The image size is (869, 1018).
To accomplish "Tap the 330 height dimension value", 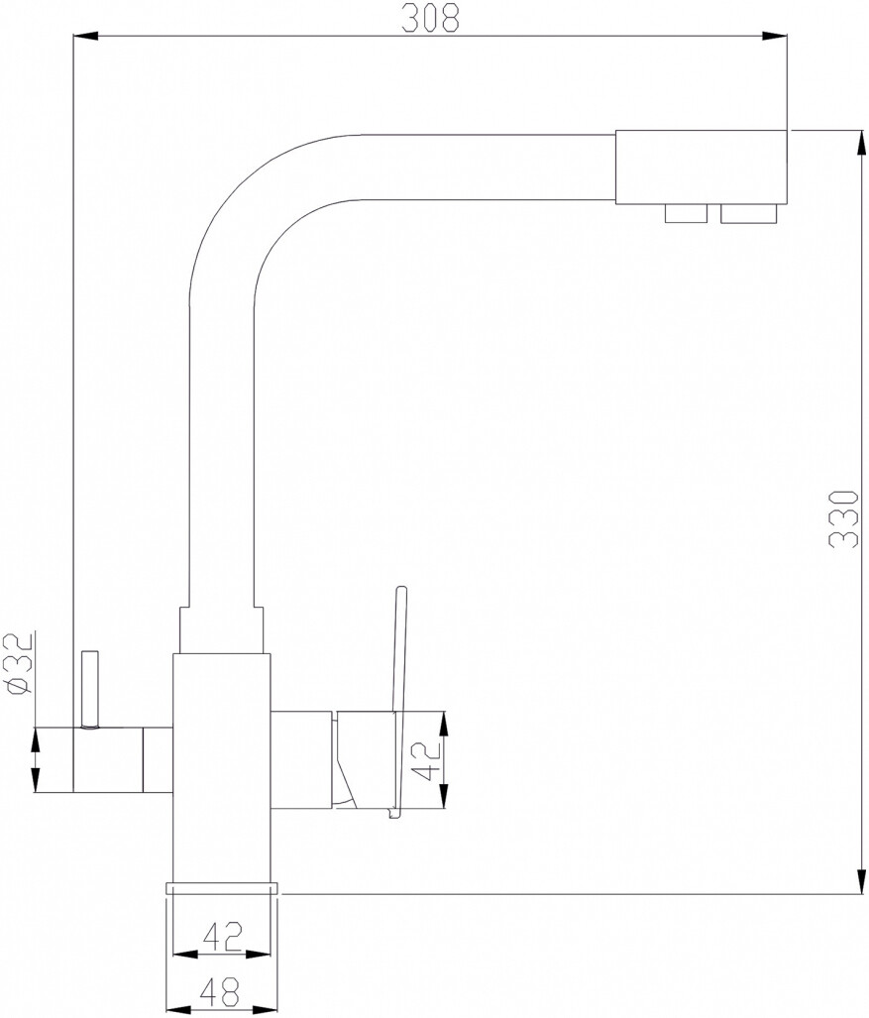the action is [x=845, y=518].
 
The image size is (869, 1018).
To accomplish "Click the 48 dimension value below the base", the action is [x=219, y=996].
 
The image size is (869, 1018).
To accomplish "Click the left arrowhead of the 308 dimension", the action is [x=85, y=37].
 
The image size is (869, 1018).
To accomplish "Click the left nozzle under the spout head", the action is [x=686, y=213].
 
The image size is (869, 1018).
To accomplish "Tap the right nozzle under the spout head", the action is [x=748, y=213].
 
